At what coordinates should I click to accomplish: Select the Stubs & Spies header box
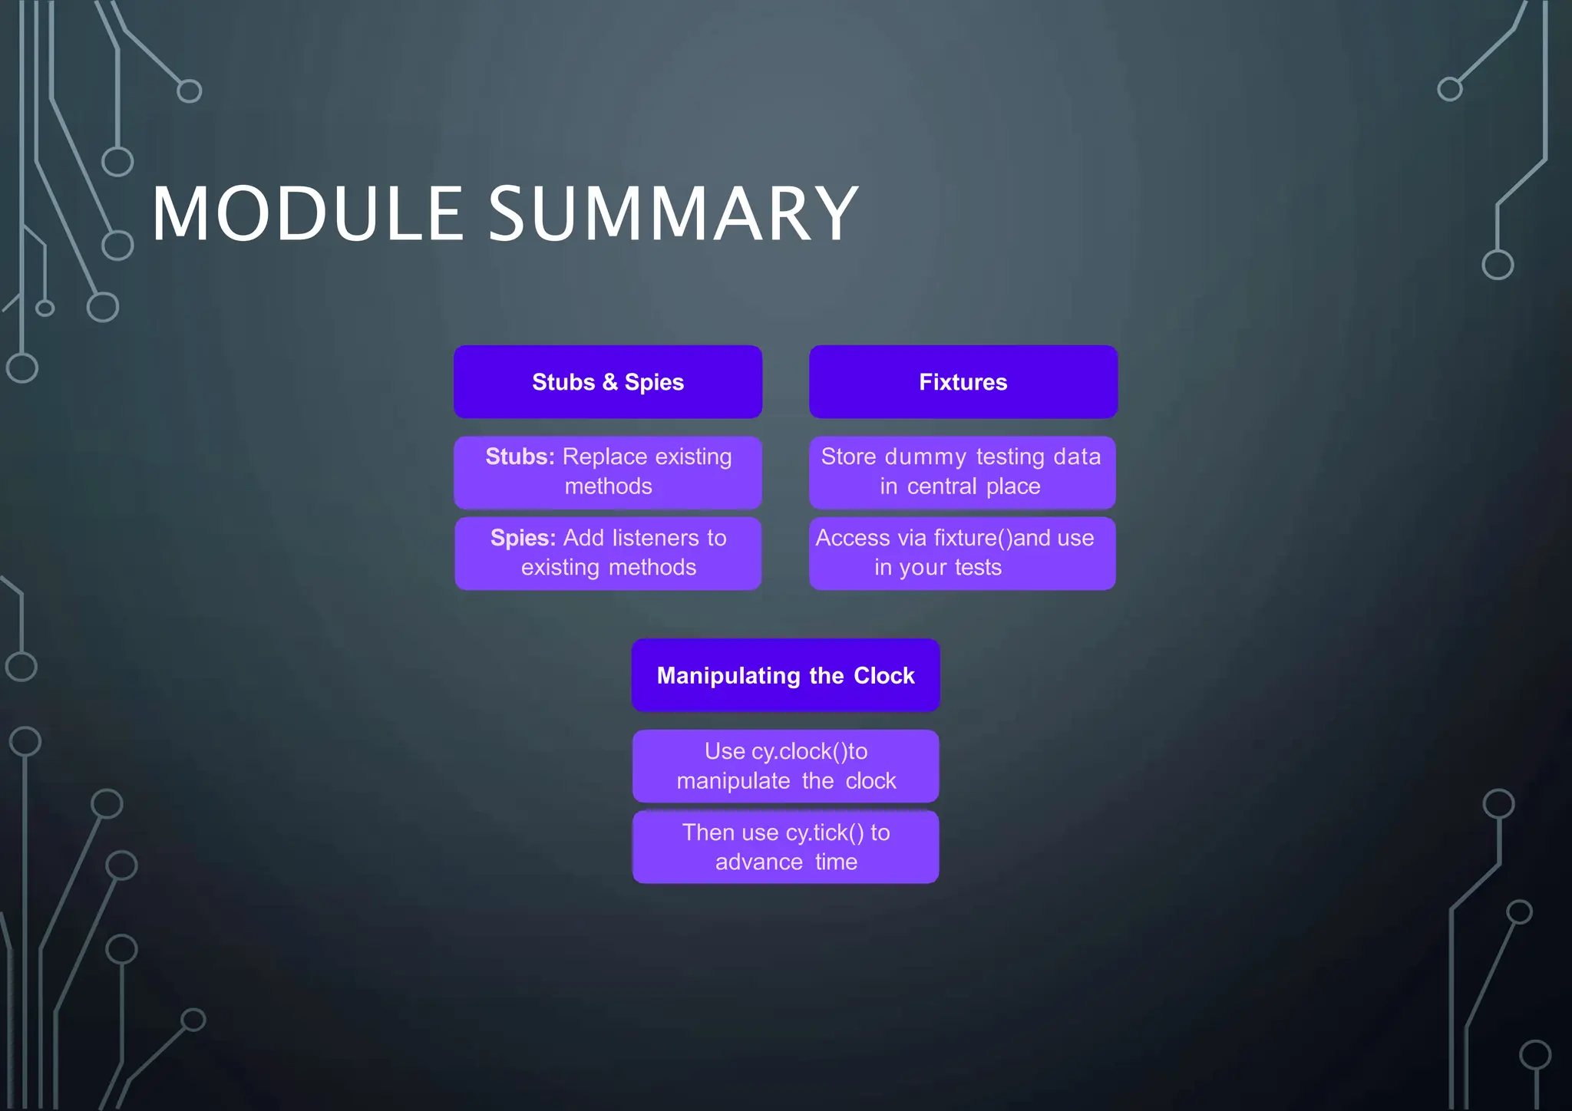608,382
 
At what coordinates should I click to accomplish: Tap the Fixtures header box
963,382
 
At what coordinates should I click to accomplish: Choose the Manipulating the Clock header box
785,675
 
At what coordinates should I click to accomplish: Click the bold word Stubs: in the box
520,457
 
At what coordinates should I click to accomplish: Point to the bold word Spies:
523,538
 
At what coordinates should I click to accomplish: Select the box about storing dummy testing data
962,472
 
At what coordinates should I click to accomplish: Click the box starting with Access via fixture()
962,553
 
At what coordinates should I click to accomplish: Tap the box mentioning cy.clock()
785,766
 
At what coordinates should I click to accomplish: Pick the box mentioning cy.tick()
785,847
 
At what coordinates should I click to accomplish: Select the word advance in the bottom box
759,862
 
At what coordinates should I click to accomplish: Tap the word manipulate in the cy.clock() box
733,781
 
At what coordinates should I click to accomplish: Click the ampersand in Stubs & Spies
609,382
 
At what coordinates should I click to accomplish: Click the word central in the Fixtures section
942,486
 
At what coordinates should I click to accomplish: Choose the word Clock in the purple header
884,675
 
